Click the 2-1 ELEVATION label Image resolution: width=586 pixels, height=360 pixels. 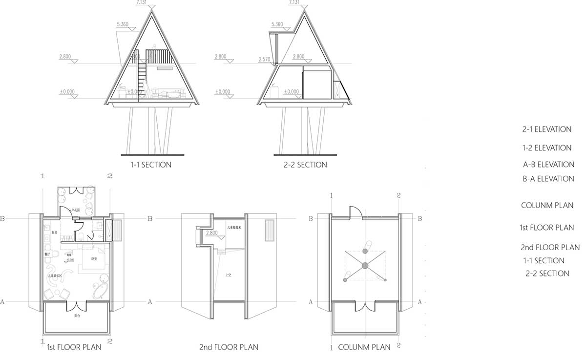[x=546, y=129]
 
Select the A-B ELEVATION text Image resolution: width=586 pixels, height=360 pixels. [x=548, y=165]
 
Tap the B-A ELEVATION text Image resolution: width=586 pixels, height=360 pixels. [x=548, y=179]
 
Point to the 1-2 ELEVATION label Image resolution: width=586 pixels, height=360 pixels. [x=546, y=148]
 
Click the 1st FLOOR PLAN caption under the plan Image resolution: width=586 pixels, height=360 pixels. [x=74, y=347]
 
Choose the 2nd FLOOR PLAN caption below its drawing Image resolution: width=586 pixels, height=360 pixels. [x=229, y=347]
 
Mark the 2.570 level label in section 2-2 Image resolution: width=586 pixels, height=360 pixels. [x=264, y=59]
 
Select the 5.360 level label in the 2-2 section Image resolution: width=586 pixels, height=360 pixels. [x=276, y=24]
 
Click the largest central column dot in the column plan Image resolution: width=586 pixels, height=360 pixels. [x=364, y=266]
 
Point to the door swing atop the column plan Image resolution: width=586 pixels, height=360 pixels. [x=355, y=212]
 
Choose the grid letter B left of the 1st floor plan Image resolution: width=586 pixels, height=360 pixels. [x=3, y=219]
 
